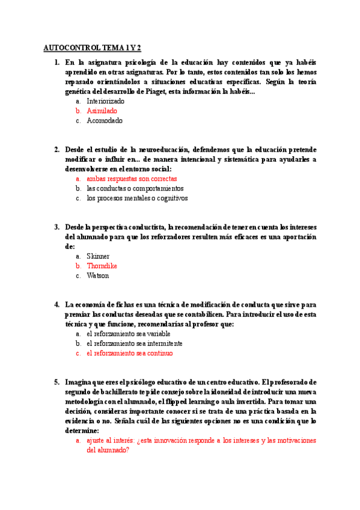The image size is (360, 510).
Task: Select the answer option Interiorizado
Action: [105, 101]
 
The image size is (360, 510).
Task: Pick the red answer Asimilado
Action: [102, 111]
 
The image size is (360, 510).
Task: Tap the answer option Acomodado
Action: [104, 120]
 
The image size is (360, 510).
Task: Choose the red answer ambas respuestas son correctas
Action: [132, 179]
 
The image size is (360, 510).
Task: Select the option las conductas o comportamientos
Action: [135, 188]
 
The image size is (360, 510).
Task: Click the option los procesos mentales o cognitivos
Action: [137, 198]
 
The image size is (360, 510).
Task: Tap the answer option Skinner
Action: [98, 256]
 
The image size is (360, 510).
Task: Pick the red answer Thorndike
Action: [102, 266]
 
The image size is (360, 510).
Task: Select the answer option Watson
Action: [98, 275]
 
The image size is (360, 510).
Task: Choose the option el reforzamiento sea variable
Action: [129, 334]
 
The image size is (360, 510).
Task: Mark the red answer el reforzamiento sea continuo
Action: [129, 353]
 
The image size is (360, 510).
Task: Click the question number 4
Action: [56, 304]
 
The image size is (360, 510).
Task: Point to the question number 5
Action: [56, 382]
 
